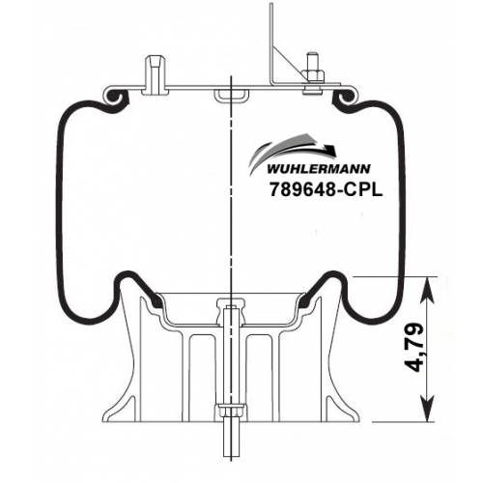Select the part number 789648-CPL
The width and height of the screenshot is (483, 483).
(327, 189)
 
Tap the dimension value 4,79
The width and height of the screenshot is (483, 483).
(414, 348)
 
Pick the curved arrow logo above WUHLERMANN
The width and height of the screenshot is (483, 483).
(293, 153)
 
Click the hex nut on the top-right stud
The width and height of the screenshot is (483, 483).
(313, 74)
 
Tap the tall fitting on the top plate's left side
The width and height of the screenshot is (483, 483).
(156, 75)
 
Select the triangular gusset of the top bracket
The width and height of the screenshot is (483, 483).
(288, 65)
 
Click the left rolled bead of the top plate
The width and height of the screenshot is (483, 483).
(114, 96)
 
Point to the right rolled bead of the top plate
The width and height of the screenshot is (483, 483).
(345, 96)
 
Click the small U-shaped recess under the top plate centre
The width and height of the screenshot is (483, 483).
(231, 97)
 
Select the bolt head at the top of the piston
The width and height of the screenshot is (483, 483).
(231, 303)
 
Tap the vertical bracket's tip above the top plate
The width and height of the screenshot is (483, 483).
(271, 5)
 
